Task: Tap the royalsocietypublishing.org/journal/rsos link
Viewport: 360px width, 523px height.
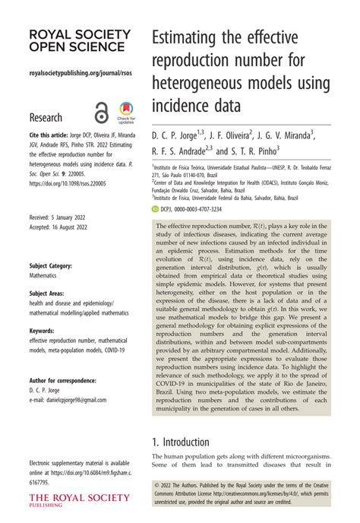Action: (x=74, y=74)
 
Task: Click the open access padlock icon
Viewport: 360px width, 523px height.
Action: (x=100, y=112)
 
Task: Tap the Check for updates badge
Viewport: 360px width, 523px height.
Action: (x=125, y=113)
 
